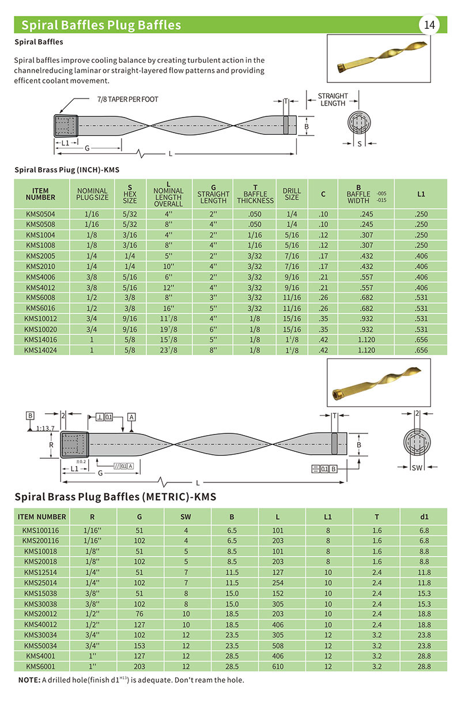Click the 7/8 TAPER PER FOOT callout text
click(x=127, y=99)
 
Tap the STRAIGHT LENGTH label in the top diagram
click(x=332, y=99)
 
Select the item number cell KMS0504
click(x=41, y=214)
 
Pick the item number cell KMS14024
click(x=41, y=349)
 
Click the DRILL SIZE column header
click(x=292, y=194)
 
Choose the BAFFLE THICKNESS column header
click(x=255, y=194)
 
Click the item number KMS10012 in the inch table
click(x=41, y=318)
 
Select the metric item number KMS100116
click(x=41, y=530)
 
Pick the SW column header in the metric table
click(x=186, y=516)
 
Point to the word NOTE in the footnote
click(x=29, y=680)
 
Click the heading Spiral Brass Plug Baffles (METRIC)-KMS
click(x=115, y=496)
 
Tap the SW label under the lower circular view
click(x=417, y=468)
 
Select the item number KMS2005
click(x=41, y=255)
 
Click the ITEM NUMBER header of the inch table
click(x=41, y=194)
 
